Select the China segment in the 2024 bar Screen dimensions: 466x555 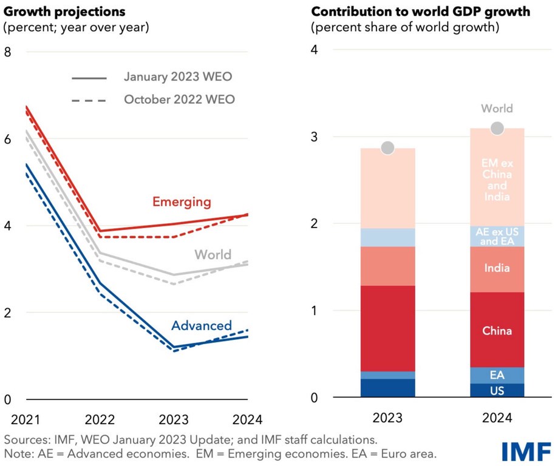pos(497,330)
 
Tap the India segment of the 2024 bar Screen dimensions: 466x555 pos(497,269)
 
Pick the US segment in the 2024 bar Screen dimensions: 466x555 pos(497,391)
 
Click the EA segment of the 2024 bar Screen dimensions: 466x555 pos(497,375)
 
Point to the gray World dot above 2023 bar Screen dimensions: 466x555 pos(387,148)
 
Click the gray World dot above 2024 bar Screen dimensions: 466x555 pos(497,128)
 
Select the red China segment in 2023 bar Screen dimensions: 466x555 pos(387,328)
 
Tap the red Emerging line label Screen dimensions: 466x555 pos(182,201)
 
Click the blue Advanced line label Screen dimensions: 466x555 pos(201,326)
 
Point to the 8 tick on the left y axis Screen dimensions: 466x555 pos(8,52)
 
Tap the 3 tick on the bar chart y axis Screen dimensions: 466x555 pos(315,137)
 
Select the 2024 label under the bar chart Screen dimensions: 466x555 pos(497,418)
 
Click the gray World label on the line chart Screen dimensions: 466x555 pos(213,254)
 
